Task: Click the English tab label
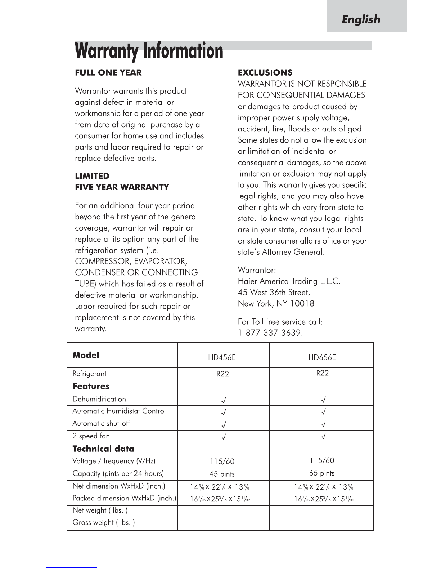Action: (x=361, y=19)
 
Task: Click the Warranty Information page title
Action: (x=149, y=51)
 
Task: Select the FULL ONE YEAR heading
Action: (x=108, y=72)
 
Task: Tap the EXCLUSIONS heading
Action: (x=265, y=72)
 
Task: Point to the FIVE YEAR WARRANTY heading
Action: (x=122, y=187)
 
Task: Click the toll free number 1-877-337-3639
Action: (x=270, y=333)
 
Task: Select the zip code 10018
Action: (x=302, y=304)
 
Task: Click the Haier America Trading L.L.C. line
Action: (x=289, y=281)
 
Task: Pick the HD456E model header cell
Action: (x=222, y=357)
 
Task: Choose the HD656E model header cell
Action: (x=322, y=357)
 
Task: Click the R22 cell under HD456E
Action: (x=222, y=374)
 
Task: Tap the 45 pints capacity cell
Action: (x=222, y=474)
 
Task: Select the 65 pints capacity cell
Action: (x=322, y=473)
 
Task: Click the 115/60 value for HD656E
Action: (x=322, y=460)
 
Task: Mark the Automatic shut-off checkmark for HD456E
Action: (x=224, y=424)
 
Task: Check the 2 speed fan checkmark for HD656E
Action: (x=324, y=437)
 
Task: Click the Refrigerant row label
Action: (x=89, y=374)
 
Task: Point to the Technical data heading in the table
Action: (x=103, y=449)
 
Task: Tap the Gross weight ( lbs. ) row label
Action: (x=104, y=522)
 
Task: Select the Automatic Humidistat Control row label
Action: (x=119, y=411)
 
